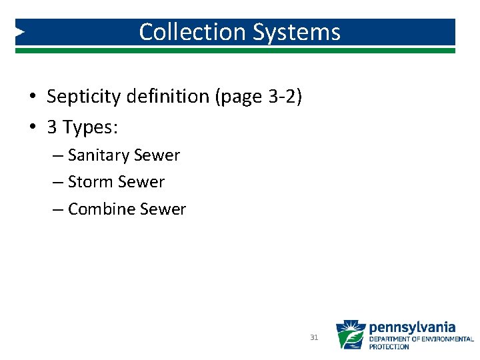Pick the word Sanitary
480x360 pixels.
coord(99,155)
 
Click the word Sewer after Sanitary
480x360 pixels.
coord(157,155)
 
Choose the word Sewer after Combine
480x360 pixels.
coord(163,209)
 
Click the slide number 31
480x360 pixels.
coord(314,338)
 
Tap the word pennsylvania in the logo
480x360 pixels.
coord(412,327)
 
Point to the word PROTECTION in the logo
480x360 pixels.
coord(389,347)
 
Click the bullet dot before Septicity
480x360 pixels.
coord(32,97)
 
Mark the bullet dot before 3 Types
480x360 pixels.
coord(32,127)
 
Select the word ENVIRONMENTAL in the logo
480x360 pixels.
coord(447,339)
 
